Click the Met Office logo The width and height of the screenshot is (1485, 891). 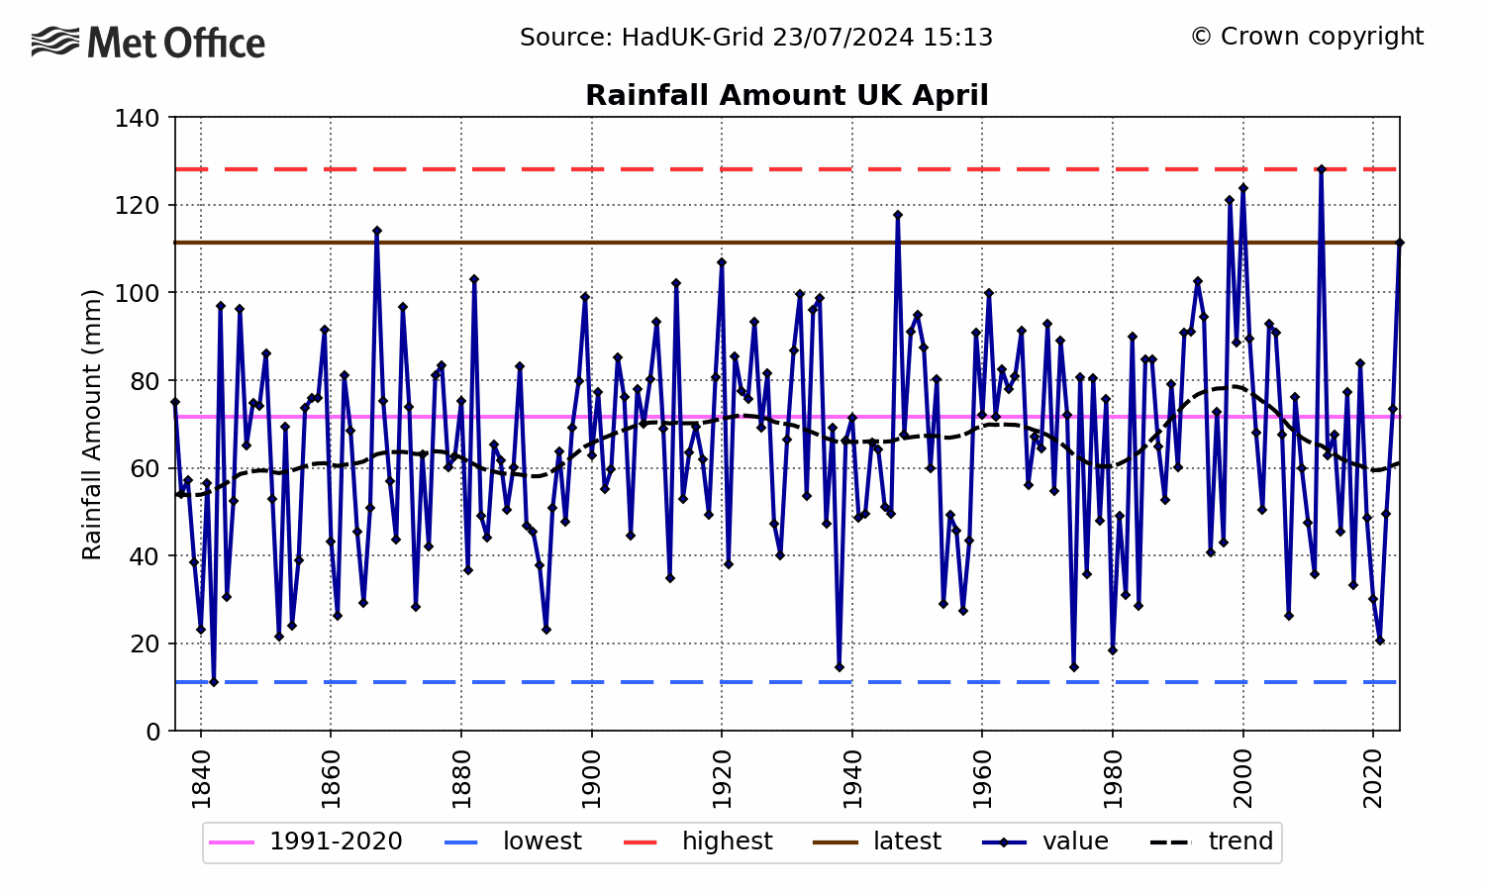coord(148,43)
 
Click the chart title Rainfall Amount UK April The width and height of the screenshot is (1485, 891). coord(786,95)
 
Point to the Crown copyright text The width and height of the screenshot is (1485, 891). coord(1307,37)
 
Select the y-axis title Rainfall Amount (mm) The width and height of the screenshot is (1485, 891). coord(92,425)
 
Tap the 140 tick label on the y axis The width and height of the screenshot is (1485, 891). coord(139,118)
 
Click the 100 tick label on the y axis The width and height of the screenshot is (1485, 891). coord(139,293)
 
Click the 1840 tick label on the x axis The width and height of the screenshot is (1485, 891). coord(201,780)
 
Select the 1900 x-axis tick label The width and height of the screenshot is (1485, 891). coord(592,780)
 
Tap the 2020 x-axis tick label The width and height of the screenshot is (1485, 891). coord(1373,780)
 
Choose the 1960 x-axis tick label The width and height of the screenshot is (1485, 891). coord(982,780)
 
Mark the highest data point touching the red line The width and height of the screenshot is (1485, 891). coord(1321,169)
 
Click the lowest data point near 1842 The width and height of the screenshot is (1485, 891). coord(214,682)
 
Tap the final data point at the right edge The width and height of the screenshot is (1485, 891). coord(1399,243)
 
